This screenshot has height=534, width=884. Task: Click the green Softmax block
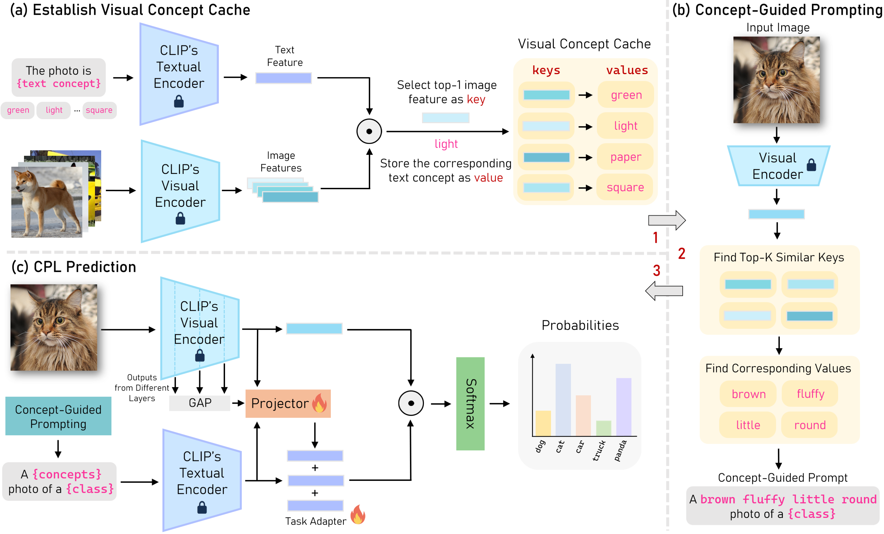(x=470, y=404)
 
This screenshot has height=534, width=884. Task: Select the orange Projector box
(x=288, y=404)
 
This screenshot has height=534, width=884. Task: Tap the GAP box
(x=200, y=403)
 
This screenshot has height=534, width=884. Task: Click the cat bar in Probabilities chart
(x=563, y=399)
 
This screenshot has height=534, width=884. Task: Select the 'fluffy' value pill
(x=810, y=394)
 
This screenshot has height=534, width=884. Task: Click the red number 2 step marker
(x=681, y=254)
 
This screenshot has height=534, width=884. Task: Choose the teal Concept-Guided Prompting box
(x=58, y=416)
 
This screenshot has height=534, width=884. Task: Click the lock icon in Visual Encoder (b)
(x=811, y=165)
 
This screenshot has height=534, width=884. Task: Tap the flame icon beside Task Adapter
(x=358, y=515)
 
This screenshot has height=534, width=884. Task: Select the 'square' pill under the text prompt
(x=99, y=110)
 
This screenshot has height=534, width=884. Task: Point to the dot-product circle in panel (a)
(x=369, y=132)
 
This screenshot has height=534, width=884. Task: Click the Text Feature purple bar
(x=283, y=78)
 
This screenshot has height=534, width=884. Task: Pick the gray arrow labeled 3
(x=664, y=290)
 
